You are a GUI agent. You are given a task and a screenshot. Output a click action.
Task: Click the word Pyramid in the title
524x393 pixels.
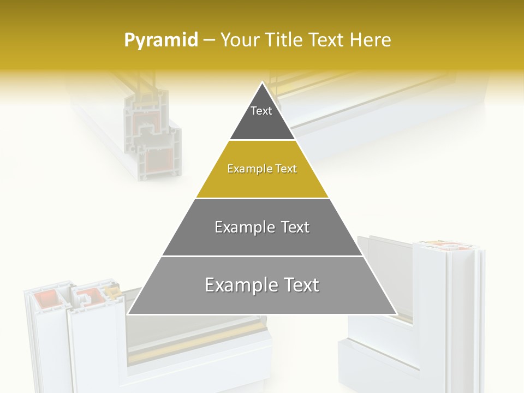pyautogui.click(x=160, y=40)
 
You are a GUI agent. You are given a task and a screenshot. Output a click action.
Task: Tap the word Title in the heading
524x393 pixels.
pyautogui.click(x=284, y=40)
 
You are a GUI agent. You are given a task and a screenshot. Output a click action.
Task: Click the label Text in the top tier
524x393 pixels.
pyautogui.click(x=261, y=111)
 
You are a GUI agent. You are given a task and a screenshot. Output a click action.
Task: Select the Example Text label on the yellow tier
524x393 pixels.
pyautogui.click(x=262, y=169)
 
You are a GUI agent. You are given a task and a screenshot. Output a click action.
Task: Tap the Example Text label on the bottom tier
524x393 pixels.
pyautogui.click(x=262, y=285)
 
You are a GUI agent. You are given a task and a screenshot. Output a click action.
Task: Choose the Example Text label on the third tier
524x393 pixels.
pyautogui.click(x=262, y=227)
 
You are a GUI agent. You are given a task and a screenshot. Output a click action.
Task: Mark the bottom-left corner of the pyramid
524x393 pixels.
pyautogui.click(x=128, y=314)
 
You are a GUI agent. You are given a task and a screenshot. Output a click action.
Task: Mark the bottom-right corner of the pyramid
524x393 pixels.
pyautogui.click(x=396, y=314)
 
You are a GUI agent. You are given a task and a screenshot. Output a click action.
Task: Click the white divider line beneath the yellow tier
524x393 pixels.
pyautogui.click(x=262, y=198)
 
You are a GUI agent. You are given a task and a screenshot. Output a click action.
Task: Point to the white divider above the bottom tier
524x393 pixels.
pyautogui.click(x=262, y=256)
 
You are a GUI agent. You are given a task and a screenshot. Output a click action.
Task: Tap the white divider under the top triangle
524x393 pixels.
pyautogui.click(x=262, y=140)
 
